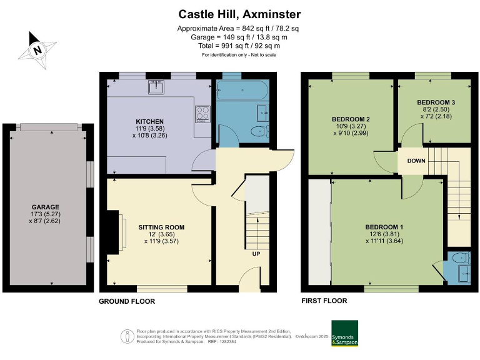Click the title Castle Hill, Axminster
[240, 14]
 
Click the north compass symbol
[38, 49]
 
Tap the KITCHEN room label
[150, 121]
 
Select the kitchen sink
[156, 87]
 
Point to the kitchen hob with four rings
[204, 114]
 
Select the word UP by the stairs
[256, 254]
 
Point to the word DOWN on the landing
[417, 161]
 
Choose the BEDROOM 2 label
[351, 119]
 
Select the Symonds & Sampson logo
[344, 333]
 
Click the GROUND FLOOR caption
[127, 301]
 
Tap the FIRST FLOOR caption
[324, 301]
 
